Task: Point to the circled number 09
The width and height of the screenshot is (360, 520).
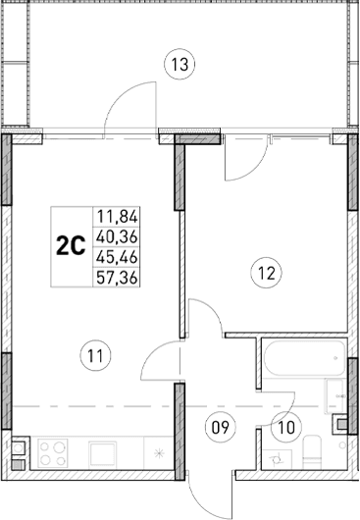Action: (x=220, y=426)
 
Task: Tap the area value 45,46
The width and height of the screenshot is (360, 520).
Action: (x=116, y=257)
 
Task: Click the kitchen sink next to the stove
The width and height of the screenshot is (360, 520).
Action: (x=103, y=452)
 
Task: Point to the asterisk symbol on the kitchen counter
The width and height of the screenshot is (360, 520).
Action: (x=161, y=452)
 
